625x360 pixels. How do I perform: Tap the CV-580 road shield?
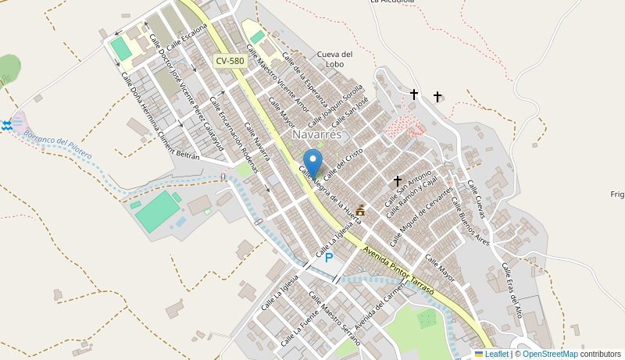click(x=230, y=61)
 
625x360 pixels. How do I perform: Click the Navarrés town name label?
click(x=317, y=134)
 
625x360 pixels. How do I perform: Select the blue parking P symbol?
click(x=329, y=257)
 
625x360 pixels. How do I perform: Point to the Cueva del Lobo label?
click(x=335, y=59)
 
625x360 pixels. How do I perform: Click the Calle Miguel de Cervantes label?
click(x=421, y=216)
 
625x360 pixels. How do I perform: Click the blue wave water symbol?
click(x=7, y=126)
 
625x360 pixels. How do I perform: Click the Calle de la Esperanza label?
click(x=300, y=77)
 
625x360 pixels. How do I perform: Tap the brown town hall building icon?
click(x=360, y=210)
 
